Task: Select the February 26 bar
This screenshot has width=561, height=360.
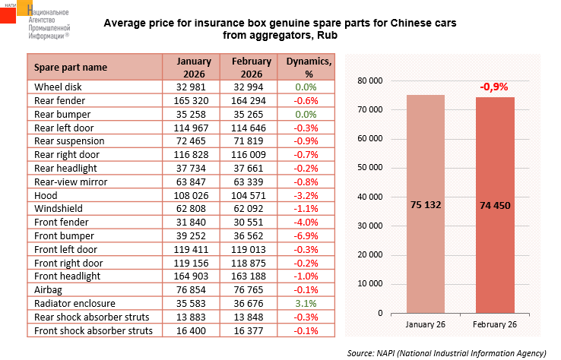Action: coord(495,205)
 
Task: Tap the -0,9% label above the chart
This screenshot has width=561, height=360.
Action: coord(494,87)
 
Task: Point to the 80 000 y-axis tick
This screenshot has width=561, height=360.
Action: coord(369,81)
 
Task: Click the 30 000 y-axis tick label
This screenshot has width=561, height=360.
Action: coord(369,226)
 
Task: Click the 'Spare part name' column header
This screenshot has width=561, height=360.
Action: coord(71,67)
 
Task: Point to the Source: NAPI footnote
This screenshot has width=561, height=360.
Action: coord(446,353)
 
